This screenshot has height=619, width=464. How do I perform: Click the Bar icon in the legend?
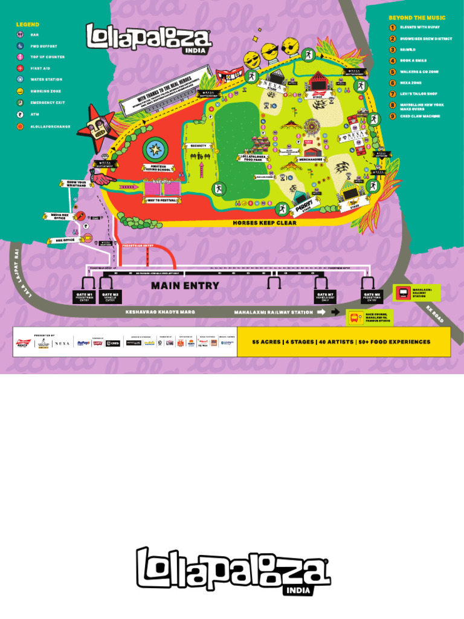pyautogui.click(x=20, y=35)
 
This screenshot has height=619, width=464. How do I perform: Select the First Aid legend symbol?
pyautogui.click(x=20, y=68)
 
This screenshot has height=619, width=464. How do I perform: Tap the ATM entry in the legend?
pyautogui.click(x=20, y=114)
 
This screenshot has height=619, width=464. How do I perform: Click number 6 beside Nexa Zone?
pyautogui.click(x=393, y=83)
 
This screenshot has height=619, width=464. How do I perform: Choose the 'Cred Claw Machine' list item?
pyautogui.click(x=419, y=116)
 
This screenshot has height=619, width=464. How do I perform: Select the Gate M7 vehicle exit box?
pyautogui.click(x=325, y=297)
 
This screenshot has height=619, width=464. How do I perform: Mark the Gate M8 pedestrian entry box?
pyautogui.click(x=372, y=297)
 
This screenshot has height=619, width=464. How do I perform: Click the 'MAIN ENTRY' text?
pyautogui.click(x=185, y=286)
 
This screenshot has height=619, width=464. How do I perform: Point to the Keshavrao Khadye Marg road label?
pyautogui.click(x=160, y=313)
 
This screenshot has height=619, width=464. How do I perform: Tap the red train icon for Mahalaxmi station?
pyautogui.click(x=402, y=293)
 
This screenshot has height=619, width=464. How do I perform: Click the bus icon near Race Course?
pyautogui.click(x=354, y=317)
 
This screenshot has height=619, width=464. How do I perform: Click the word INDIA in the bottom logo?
pyautogui.click(x=300, y=589)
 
